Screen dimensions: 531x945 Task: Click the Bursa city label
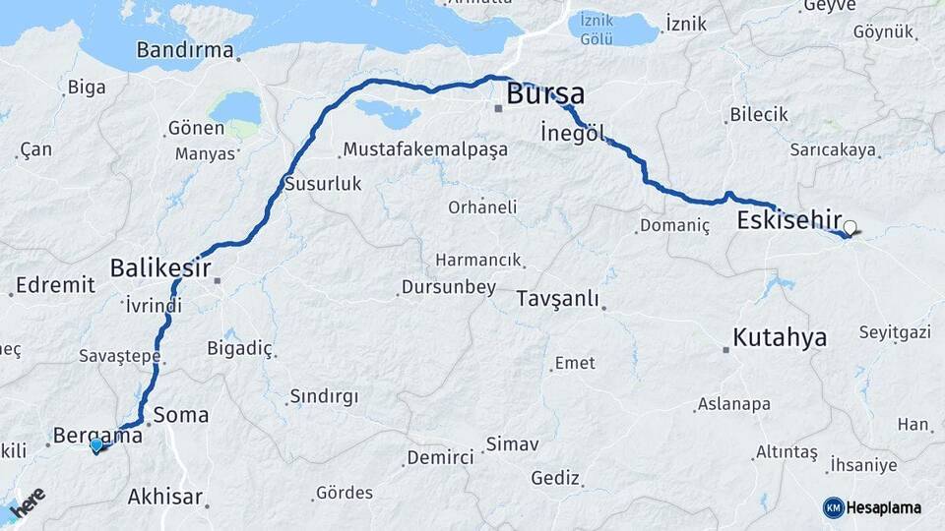[545, 94]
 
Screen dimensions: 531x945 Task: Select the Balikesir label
[157, 266]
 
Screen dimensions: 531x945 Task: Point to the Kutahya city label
[779, 338]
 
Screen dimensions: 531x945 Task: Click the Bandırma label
[185, 50]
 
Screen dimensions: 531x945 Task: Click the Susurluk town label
[323, 184]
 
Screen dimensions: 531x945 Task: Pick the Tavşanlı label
[557, 299]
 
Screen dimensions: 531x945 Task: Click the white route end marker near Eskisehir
[850, 227]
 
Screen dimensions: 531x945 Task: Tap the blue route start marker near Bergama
[96, 445]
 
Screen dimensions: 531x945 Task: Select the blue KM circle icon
[833, 507]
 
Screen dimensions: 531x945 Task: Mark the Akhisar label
[165, 497]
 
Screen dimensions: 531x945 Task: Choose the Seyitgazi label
[895, 332]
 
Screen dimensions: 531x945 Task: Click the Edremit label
[56, 285]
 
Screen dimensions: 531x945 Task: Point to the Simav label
[513, 444]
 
